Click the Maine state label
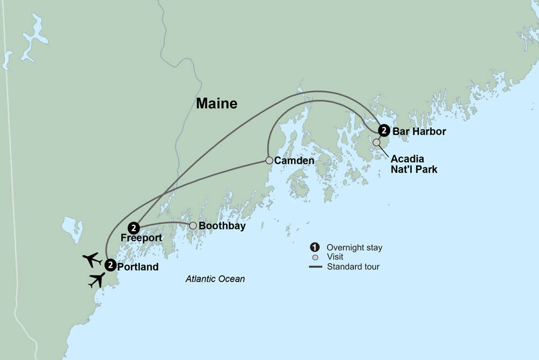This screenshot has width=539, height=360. [216, 103]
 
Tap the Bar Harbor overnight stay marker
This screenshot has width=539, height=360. [383, 130]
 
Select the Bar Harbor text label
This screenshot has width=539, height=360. [419, 131]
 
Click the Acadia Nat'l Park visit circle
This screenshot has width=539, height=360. [376, 142]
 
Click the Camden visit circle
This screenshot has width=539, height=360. [269, 160]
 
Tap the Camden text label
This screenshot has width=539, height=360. [294, 161]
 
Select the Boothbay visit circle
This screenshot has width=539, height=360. [192, 225]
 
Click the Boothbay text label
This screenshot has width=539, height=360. [222, 226]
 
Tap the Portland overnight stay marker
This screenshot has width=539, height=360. [110, 265]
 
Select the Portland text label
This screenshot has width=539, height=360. [137, 267]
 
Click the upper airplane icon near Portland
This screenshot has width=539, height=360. [92, 259]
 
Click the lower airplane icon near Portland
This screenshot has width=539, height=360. [97, 279]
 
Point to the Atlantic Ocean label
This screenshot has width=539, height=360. [215, 279]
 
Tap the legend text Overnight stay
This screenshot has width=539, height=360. [354, 248]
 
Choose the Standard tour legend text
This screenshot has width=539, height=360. [353, 266]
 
